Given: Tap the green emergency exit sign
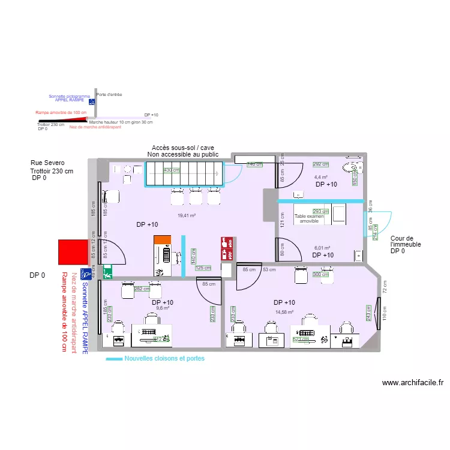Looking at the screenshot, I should click(x=108, y=273).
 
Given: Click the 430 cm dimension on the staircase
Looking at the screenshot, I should click(x=172, y=170).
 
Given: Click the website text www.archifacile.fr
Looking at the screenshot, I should click(x=412, y=382).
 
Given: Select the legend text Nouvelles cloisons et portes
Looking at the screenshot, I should click(x=164, y=359).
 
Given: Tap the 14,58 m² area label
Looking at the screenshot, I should click(x=284, y=312).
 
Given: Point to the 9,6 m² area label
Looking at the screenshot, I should click(x=163, y=308).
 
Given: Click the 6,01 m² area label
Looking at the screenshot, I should click(x=322, y=248).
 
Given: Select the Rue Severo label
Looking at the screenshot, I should click(x=47, y=163).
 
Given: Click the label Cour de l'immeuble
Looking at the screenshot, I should click(x=406, y=241).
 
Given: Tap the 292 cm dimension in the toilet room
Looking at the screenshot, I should click(x=321, y=164).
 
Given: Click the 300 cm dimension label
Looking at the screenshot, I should click(x=321, y=274).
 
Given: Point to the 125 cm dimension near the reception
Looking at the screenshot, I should click(x=203, y=268).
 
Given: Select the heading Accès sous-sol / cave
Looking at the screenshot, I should click(x=183, y=148).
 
